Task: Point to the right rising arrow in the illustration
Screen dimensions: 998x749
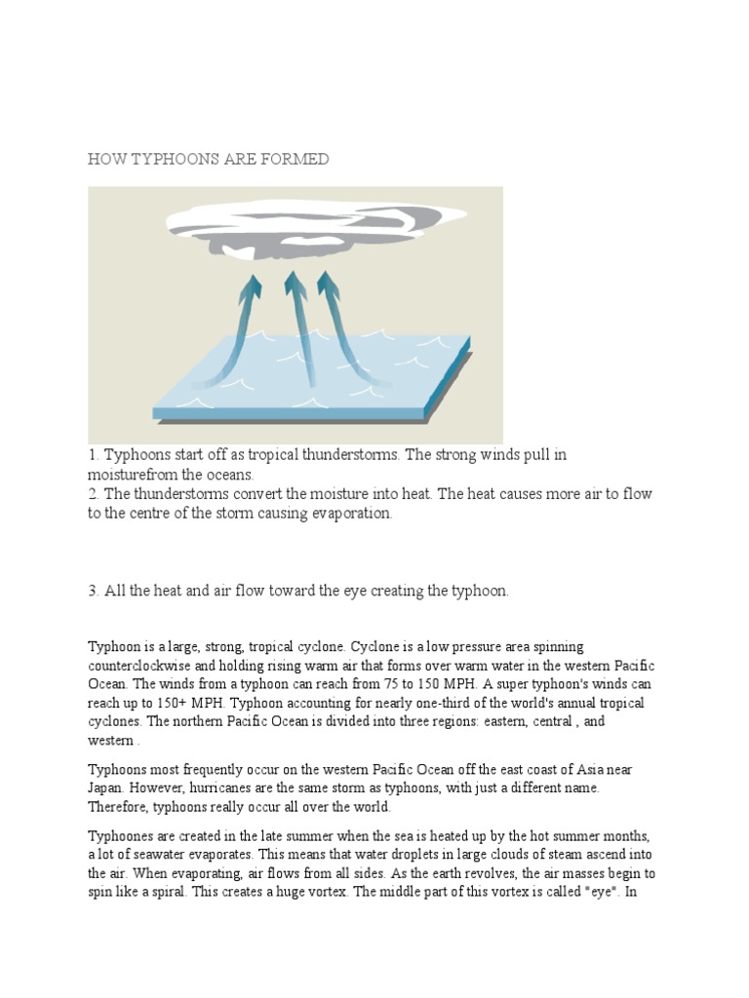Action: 341,322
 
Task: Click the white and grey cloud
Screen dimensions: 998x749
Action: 293,226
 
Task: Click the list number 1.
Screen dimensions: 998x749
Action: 94,455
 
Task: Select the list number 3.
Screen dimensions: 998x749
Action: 94,592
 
